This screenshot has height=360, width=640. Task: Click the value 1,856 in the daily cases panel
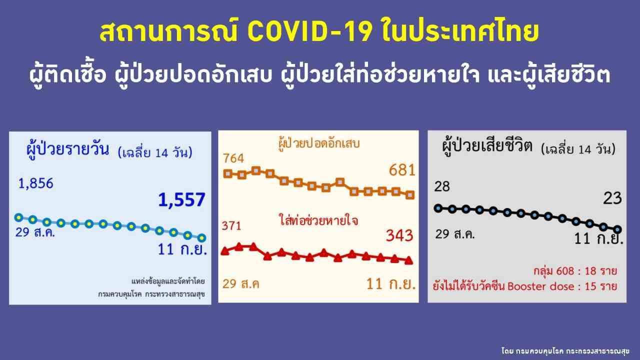click(35, 183)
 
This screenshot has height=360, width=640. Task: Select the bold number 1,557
click(181, 199)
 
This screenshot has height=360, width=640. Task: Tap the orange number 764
click(233, 158)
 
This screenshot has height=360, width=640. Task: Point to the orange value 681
click(401, 170)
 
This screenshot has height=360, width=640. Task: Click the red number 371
click(231, 226)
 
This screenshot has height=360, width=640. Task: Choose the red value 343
click(399, 235)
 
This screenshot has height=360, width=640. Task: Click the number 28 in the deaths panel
click(442, 186)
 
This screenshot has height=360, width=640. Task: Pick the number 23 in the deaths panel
click(612, 198)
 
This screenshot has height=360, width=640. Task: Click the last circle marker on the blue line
click(201, 237)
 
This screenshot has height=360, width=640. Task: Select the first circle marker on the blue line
click(19, 217)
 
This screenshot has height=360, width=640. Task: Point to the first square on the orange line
click(227, 173)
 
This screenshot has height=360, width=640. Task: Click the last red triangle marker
click(409, 260)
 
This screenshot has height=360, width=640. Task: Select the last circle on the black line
click(617, 229)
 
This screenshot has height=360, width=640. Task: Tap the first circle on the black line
click(438, 208)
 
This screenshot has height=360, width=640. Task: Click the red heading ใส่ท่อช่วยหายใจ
click(318, 221)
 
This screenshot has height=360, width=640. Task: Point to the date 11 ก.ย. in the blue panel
click(182, 249)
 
